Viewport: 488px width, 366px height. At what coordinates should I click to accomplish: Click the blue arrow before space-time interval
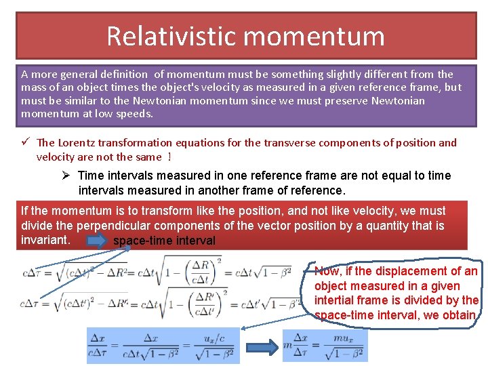(x=95, y=240)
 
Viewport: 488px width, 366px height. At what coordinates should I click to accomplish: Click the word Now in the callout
(x=327, y=271)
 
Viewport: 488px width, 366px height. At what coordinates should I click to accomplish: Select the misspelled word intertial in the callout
(x=336, y=300)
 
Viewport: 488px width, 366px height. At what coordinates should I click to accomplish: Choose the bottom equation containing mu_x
(x=323, y=346)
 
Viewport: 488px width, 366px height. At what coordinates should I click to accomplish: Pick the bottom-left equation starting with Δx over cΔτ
(x=163, y=346)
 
